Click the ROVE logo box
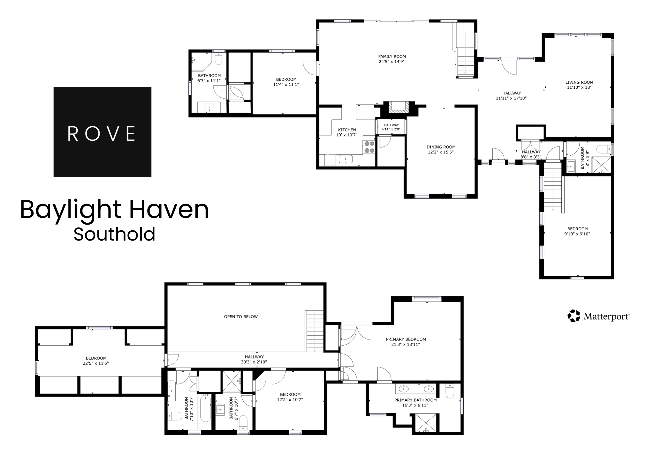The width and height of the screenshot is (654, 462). click(102, 132)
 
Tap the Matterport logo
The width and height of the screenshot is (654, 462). click(598, 316)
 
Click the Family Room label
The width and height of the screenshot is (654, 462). click(392, 56)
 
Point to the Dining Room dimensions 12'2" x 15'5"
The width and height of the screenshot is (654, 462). click(441, 152)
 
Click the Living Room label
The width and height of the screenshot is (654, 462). click(579, 82)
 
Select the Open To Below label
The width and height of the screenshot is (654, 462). click(241, 317)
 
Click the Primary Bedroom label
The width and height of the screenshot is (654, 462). click(406, 339)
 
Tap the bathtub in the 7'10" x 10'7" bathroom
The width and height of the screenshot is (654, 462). click(205, 408)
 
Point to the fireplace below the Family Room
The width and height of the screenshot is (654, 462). click(398, 107)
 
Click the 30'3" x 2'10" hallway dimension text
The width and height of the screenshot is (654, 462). click(254, 362)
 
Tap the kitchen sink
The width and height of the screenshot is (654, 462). click(346, 159)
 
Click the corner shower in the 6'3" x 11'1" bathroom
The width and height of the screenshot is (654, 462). click(201, 62)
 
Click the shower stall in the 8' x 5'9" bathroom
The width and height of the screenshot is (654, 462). click(602, 165)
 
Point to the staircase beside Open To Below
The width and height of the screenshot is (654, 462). click(315, 331)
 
